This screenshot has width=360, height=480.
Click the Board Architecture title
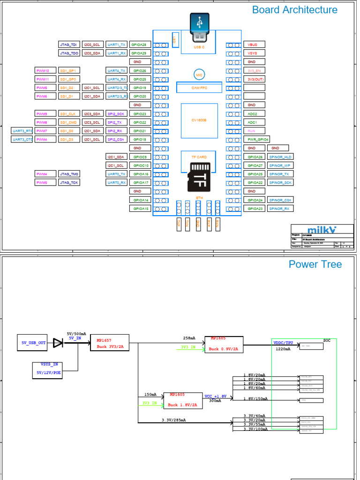point(294,10)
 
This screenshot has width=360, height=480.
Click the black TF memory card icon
point(199,177)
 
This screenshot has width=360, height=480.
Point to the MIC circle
point(199,75)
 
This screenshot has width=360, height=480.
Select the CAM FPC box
point(199,87)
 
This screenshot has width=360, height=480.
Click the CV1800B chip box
point(199,120)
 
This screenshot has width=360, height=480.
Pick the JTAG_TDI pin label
point(69,45)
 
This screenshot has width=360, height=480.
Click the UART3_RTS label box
point(22,131)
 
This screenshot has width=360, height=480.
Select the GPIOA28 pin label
point(140,45)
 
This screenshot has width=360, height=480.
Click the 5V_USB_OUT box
point(32,343)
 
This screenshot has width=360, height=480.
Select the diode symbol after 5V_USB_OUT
point(58,343)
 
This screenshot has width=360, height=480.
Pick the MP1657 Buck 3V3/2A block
point(110,343)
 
